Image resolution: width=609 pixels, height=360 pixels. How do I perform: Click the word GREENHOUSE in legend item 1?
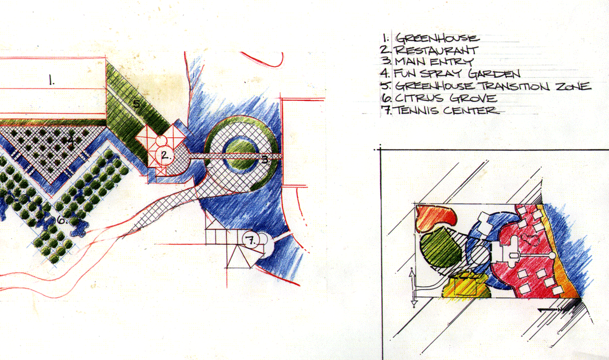point(438,38)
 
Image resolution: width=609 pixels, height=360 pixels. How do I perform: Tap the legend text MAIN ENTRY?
point(434,62)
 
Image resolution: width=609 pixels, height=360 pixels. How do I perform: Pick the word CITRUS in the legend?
point(418,98)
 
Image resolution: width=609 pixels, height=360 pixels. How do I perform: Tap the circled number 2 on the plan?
point(165,155)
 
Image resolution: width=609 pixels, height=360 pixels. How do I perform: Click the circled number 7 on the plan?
point(250,240)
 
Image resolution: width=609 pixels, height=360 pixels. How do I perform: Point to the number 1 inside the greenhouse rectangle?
point(51,81)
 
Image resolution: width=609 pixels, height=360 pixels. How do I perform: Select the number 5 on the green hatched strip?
point(136,104)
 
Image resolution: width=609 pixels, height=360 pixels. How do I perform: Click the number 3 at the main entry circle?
point(264,159)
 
